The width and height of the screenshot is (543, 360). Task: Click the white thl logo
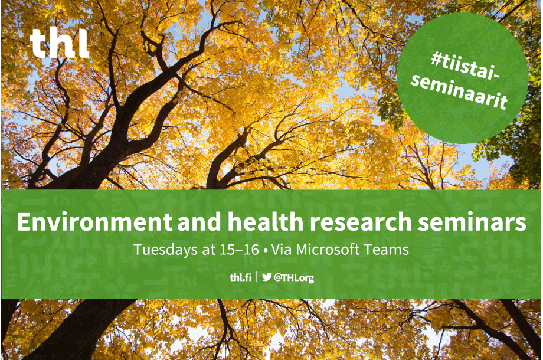[60, 44]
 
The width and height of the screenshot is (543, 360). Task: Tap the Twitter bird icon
[267, 277]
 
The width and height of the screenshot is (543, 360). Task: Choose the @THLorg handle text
[293, 277]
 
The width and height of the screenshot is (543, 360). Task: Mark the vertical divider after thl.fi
[257, 277]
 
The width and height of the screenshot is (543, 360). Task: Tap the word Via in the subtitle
[282, 250]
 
